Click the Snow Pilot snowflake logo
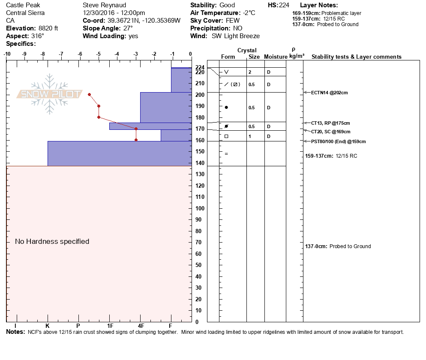pos(50,94)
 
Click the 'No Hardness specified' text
pos(52,242)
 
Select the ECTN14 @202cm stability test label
pos(329,93)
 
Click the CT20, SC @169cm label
pos(330,132)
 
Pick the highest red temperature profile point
pos(89,94)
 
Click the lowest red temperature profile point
pos(136,140)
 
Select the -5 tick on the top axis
pos(98,54)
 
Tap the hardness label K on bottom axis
pos(48,326)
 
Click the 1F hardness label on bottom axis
pos(110,326)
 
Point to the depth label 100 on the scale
pos(200,208)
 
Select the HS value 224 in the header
pos(284,5)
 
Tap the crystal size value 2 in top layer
pos(250,72)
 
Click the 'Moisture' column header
pos(275,57)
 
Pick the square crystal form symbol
pos(226,136)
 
